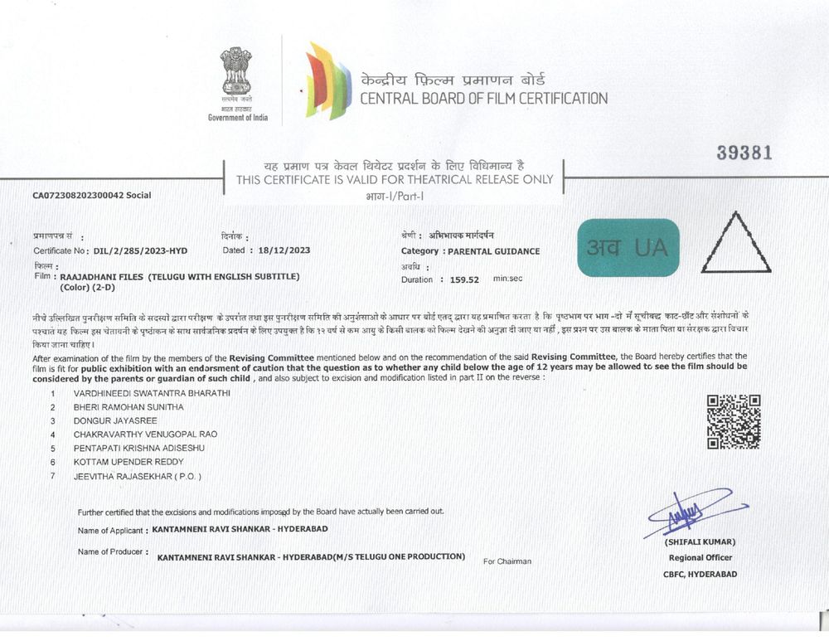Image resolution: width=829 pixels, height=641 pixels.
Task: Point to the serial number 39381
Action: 744,153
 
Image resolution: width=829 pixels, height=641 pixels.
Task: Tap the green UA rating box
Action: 628,247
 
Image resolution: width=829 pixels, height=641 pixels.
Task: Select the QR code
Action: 734,421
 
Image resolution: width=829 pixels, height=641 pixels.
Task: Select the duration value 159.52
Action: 463,279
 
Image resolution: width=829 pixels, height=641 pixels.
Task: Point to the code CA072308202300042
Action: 80,196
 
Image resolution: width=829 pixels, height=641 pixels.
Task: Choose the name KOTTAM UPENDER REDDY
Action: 128,461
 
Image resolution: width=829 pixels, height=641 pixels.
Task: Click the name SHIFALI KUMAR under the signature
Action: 700,541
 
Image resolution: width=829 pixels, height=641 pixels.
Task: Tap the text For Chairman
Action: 507,561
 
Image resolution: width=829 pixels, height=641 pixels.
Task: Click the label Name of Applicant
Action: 110,529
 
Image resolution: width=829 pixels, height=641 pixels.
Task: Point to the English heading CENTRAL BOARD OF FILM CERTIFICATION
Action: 483,99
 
